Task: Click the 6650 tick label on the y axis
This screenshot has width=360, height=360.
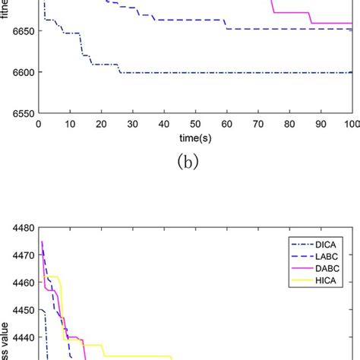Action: coord(22,30)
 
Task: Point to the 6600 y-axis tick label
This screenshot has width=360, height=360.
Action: coord(22,72)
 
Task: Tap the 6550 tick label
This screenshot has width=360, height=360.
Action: coord(22,113)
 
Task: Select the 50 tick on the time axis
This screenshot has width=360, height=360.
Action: coord(195,123)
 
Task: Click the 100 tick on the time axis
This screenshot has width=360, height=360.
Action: coord(351,123)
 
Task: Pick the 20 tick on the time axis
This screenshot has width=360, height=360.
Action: coord(102,123)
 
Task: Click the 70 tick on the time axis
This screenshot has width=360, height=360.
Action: coord(258,123)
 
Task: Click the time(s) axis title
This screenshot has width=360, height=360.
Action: coord(195,138)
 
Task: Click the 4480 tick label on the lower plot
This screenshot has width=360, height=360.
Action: coord(22,227)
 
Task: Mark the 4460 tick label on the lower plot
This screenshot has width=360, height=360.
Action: coord(22,283)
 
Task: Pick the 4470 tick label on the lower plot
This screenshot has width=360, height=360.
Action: coord(22,254)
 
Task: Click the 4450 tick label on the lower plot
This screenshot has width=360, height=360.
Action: coord(22,310)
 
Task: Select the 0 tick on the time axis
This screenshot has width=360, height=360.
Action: coord(39,123)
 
